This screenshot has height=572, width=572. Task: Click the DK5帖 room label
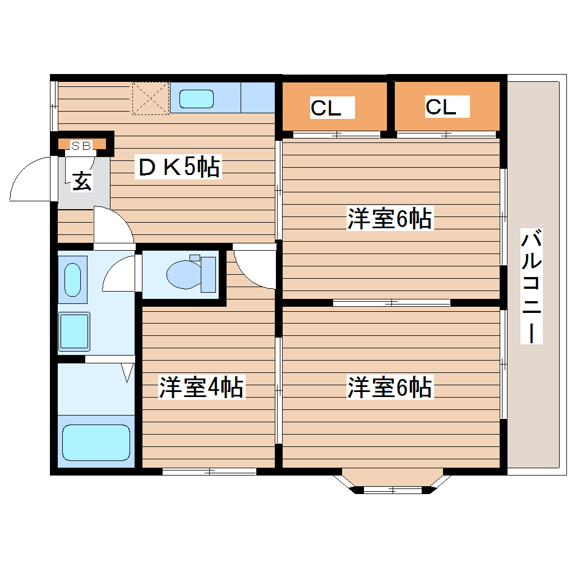[178, 167]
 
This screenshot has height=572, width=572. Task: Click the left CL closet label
[326, 108]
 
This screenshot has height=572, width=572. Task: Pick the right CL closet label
[441, 107]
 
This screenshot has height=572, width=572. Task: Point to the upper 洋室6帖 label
[390, 219]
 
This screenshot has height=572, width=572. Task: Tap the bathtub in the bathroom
[96, 442]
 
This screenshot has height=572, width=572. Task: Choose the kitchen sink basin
[196, 99]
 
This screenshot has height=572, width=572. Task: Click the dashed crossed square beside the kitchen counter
[151, 99]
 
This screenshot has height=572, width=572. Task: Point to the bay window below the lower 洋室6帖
[393, 482]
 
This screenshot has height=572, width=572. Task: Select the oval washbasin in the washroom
[72, 279]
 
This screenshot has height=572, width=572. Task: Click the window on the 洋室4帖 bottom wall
[209, 471]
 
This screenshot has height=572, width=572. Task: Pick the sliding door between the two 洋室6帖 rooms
[391, 303]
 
